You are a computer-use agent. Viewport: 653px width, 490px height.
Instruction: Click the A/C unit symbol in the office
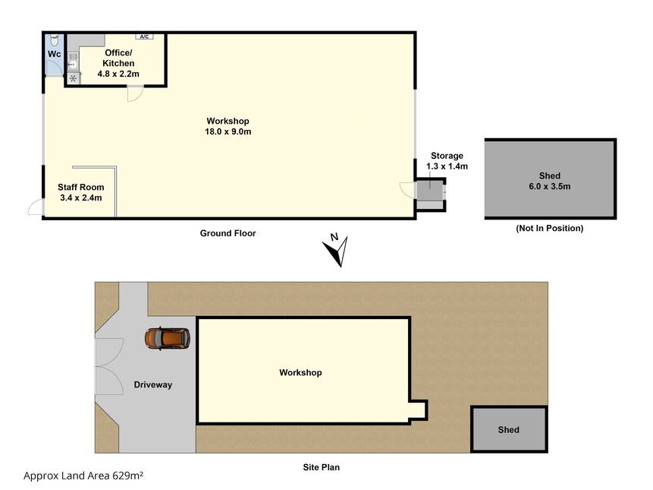144,36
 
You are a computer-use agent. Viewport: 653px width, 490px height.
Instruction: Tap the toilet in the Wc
54,40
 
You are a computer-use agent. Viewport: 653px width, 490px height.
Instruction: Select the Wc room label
54,54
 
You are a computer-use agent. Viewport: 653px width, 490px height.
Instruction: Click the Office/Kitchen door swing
135,93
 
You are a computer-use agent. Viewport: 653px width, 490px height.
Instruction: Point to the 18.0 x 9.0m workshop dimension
228,131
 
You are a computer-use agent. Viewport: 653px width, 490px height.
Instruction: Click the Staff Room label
81,187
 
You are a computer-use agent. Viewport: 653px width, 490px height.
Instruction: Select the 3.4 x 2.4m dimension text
81,198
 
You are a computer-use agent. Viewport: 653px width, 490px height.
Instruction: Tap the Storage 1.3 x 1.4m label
447,161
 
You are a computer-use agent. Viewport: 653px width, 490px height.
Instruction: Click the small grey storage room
430,194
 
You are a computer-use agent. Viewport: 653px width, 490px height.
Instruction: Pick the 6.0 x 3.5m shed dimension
550,186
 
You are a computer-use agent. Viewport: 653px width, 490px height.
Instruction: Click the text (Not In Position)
550,228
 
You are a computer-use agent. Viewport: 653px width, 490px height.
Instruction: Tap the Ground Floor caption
228,233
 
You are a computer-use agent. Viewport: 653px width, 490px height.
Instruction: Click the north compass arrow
336,251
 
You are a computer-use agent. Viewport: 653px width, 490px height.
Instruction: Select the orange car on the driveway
168,338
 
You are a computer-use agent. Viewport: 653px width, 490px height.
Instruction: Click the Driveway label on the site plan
153,384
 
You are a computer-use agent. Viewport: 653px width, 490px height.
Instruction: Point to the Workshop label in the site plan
300,372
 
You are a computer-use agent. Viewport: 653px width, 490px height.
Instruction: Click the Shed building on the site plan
509,429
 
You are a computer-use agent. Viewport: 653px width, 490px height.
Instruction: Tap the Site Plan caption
321,467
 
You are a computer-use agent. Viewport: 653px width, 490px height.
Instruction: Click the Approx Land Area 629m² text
83,476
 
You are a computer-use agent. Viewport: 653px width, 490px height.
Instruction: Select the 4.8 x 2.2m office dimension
118,74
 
